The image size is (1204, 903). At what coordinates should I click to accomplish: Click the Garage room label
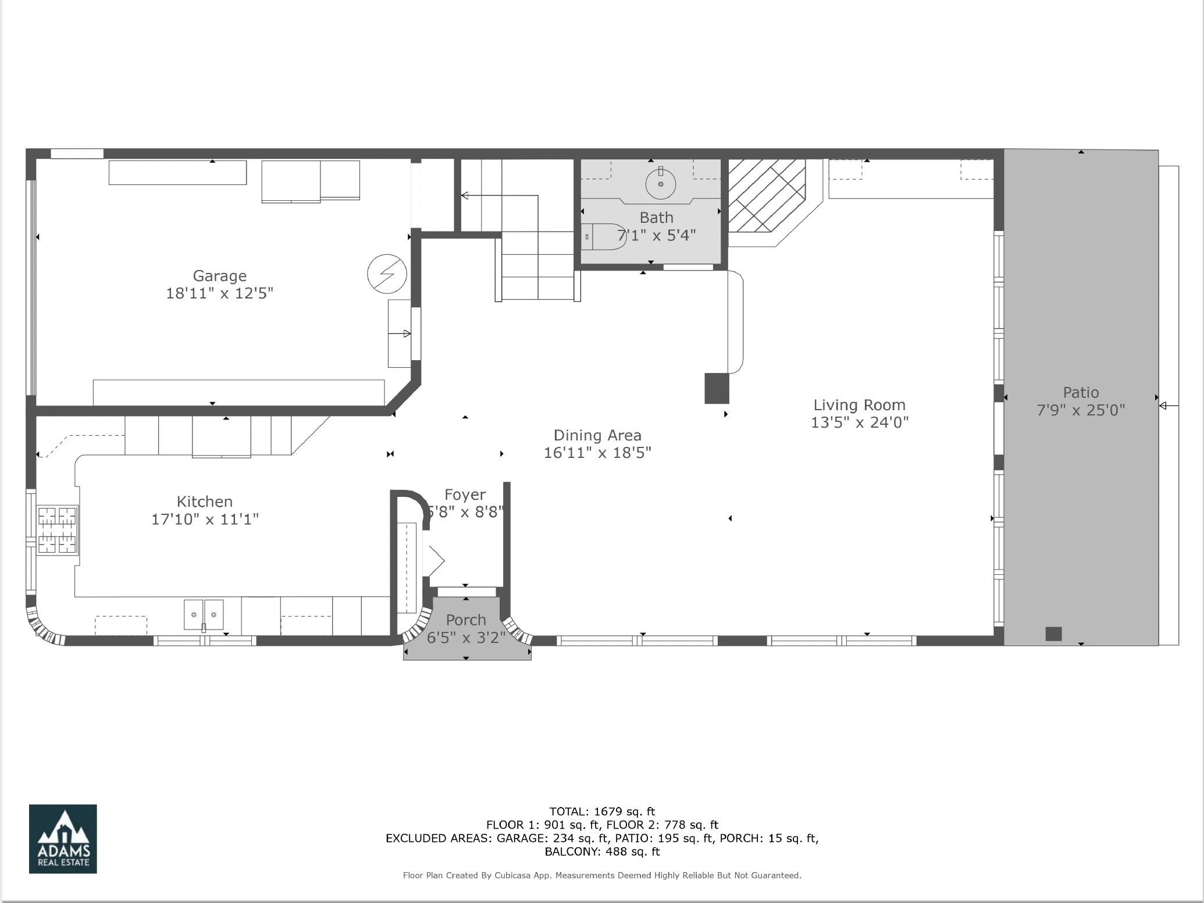point(220,276)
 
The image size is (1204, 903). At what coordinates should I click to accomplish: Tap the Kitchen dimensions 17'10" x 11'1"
point(205,519)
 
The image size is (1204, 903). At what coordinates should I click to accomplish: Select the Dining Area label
point(597,435)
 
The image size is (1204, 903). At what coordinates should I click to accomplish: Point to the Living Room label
point(859,405)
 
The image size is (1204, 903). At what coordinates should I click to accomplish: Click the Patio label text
point(1081,392)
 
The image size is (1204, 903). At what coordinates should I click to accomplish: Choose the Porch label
point(466,620)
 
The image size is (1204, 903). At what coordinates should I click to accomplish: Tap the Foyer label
point(465,495)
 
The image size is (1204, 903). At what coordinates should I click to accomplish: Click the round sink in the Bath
point(661,184)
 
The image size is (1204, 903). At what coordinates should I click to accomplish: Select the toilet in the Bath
point(604,237)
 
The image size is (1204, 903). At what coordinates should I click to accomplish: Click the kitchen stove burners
point(57,530)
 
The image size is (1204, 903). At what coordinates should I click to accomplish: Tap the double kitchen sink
point(204,615)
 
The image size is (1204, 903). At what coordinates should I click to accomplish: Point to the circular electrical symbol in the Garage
point(387,273)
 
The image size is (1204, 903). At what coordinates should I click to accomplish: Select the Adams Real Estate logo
point(63,839)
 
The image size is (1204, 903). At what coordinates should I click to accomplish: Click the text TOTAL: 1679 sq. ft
point(602,811)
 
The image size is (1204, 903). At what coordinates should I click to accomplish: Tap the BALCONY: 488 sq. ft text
point(602,852)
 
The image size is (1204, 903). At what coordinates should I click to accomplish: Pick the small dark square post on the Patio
point(1053,634)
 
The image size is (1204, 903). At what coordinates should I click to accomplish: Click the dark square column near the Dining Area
point(717,388)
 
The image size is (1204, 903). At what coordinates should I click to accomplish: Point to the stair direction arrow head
point(465,195)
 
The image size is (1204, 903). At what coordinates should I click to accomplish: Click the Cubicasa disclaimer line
point(602,875)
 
